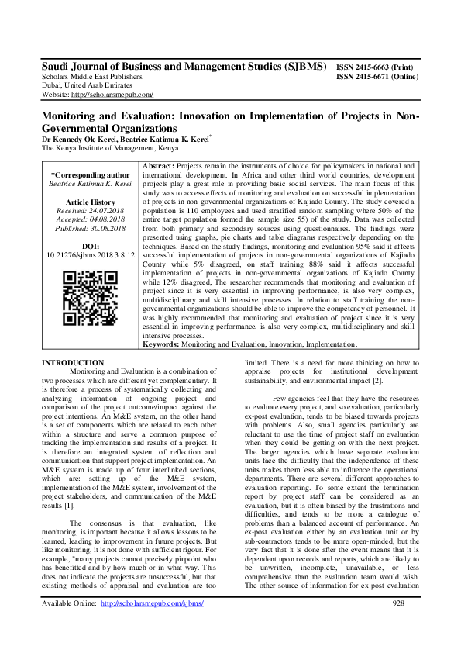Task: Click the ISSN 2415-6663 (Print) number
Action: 377,68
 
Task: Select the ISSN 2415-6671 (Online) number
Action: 377,78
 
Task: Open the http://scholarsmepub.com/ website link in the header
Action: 112,95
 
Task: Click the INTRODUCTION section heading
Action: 74,363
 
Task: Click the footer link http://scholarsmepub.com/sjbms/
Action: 153,625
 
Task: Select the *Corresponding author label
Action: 90,175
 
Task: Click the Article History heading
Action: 90,202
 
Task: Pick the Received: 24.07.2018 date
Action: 90,210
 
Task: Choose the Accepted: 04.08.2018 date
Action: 90,219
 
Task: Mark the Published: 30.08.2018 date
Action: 90,227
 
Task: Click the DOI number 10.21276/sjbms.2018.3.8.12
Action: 90,254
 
